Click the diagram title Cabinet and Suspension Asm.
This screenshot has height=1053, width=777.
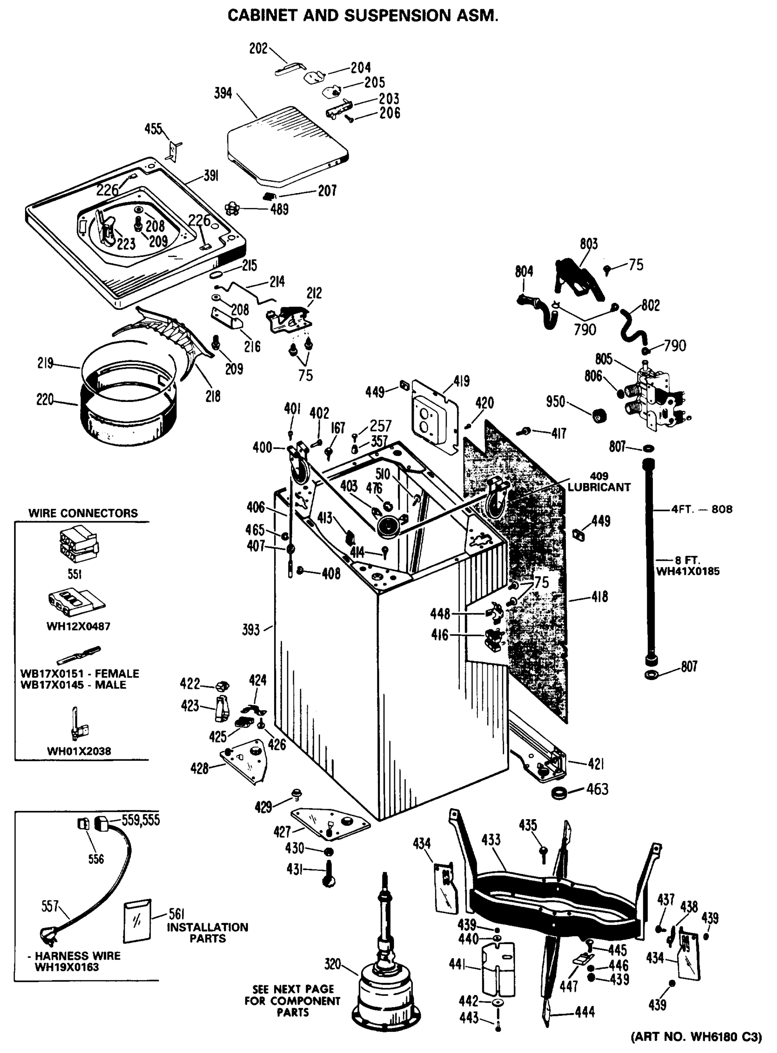coord(363,15)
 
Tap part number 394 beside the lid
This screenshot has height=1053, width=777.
coord(223,93)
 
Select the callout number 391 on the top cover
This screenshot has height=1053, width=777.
coord(211,176)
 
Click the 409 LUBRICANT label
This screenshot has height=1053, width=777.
coord(598,482)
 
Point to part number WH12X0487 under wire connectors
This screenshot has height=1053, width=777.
coord(78,627)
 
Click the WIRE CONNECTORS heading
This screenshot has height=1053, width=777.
coord(83,513)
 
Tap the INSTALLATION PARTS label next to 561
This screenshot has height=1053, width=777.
coord(208,933)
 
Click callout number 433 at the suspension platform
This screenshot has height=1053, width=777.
coord(491,840)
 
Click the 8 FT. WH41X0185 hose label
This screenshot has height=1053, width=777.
coord(687,566)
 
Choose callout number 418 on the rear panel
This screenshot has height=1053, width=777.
coord(599,597)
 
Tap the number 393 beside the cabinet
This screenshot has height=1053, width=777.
coord(251,630)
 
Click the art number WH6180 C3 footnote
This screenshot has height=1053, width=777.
coord(696,1036)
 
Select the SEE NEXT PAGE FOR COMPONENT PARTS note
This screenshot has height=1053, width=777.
coord(293,1000)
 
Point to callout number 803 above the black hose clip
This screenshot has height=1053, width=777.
coord(588,244)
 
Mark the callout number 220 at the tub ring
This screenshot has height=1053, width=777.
coord(45,400)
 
